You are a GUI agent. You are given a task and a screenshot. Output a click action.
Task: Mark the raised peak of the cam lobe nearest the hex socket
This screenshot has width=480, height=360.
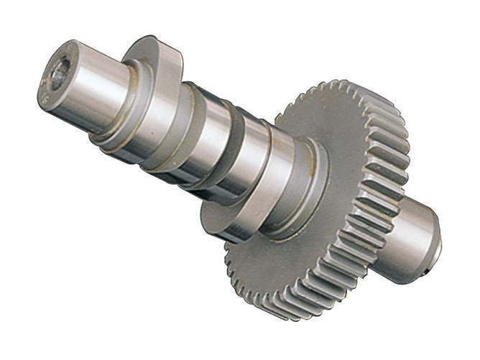tap(152, 47)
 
